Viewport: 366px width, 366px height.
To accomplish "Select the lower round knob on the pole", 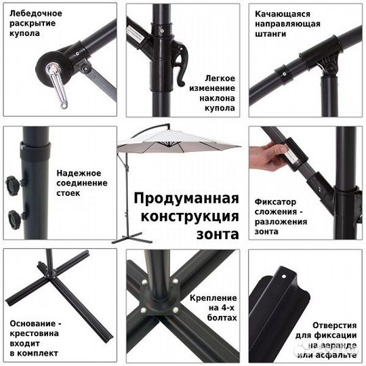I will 14,218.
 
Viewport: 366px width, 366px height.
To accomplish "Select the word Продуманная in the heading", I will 186,199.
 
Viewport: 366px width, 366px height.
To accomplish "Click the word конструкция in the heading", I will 189,217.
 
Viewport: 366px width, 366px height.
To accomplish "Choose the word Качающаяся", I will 282,14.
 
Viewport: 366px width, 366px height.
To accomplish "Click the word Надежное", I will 81,173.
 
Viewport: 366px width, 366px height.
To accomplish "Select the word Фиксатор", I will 276,201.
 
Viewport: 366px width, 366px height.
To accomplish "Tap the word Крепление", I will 218,298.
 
